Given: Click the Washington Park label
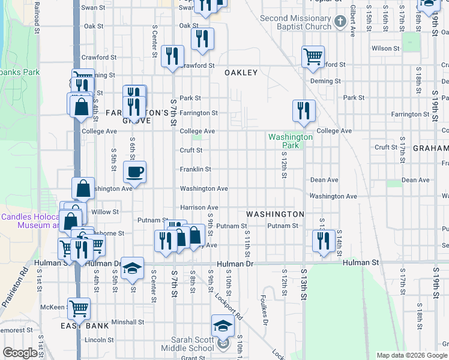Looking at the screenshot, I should coord(291,141).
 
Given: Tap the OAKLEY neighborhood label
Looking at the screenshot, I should coord(241,73).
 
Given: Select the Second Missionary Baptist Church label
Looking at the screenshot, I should coord(295,22).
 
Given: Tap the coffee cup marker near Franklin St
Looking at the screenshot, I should coord(134,172).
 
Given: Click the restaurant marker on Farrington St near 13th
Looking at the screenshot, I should coord(304,111).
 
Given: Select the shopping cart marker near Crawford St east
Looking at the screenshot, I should coord(313,58).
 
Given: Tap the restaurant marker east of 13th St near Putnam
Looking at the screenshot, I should coord(324,241).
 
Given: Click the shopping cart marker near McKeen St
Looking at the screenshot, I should coord(79,309).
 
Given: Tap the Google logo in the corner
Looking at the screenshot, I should coord(20,353).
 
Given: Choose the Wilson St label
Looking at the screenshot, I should coord(385,48).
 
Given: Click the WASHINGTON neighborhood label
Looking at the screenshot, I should coord(276,214).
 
